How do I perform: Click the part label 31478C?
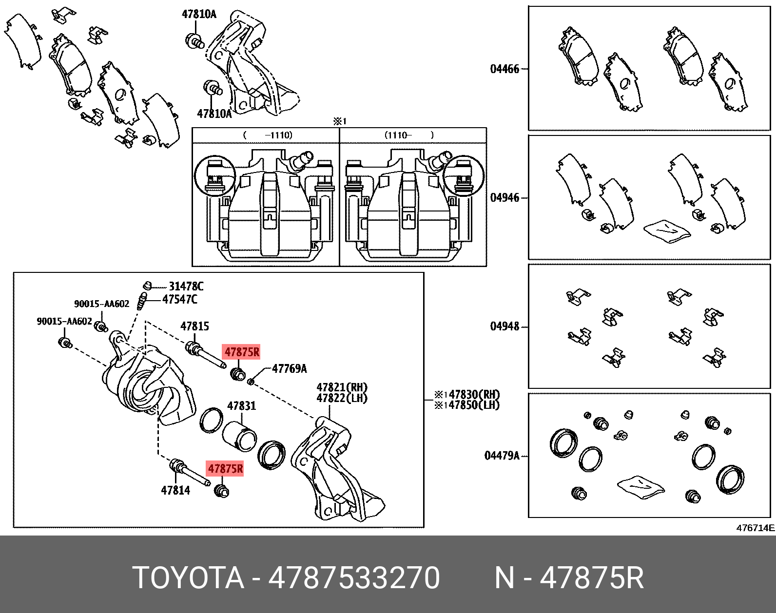pyautogui.click(x=186, y=287)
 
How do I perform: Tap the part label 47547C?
pyautogui.click(x=179, y=299)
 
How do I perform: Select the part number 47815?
pyautogui.click(x=194, y=326)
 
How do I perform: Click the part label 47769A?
pyautogui.click(x=289, y=368)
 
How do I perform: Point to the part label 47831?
pyautogui.click(x=241, y=406)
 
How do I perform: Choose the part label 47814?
pyautogui.click(x=175, y=490)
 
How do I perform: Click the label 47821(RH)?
pyautogui.click(x=342, y=387)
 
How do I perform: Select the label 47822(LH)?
pyautogui.click(x=342, y=398)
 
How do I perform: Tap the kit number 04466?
pyautogui.click(x=504, y=69)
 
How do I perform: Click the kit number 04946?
pyautogui.click(x=504, y=198)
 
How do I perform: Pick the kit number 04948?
pyautogui.click(x=504, y=326)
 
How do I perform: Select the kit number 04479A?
pyautogui.click(x=502, y=456)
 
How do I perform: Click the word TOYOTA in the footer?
pyautogui.click(x=188, y=578)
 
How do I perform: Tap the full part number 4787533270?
pyautogui.click(x=354, y=578)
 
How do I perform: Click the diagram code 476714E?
pyautogui.click(x=755, y=528)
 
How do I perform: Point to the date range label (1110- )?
pyautogui.click(x=408, y=135)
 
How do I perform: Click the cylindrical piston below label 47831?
pyautogui.click(x=240, y=434)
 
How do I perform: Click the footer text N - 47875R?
pyautogui.click(x=569, y=578)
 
